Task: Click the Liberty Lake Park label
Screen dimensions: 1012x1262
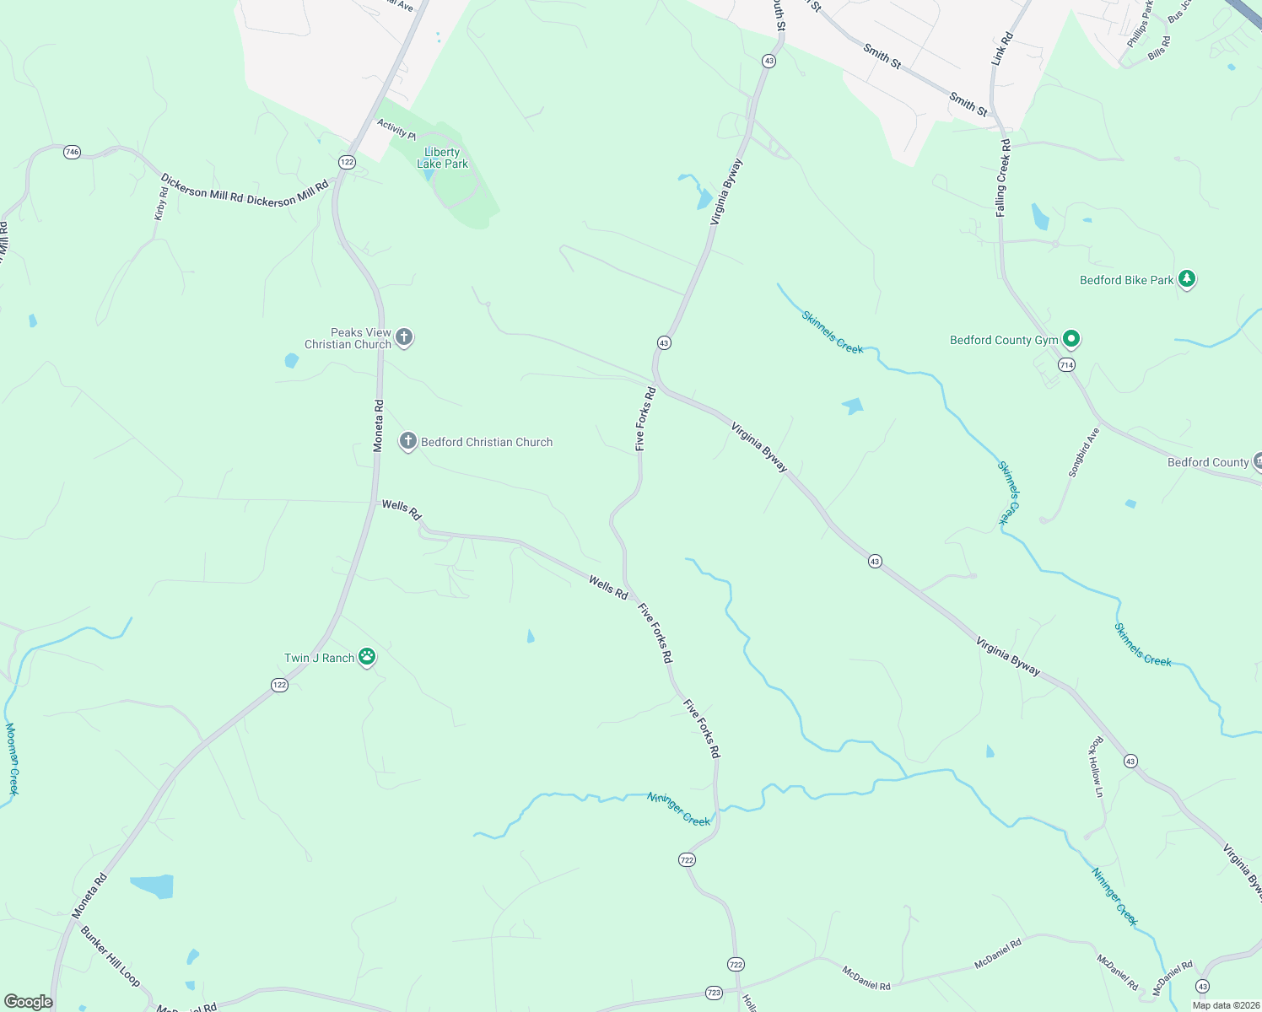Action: pos(442,158)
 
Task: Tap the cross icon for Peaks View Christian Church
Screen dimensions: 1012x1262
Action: pos(404,338)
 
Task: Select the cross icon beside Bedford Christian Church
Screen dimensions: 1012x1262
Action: pos(408,441)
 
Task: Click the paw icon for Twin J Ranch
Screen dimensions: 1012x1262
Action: pos(366,657)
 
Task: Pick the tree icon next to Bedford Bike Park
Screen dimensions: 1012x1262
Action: pos(1187,279)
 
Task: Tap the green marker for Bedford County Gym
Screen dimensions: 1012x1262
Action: pos(1071,339)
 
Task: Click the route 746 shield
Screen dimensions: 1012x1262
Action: pos(72,153)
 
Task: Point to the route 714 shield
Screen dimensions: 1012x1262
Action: pos(1066,365)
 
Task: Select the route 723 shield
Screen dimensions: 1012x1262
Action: pos(714,993)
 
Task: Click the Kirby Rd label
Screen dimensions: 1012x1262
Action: pos(160,204)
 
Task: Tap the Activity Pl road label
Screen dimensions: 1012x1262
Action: pos(396,129)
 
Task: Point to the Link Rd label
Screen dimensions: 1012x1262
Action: pos(1002,50)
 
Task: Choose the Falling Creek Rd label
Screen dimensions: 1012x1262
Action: pos(1002,178)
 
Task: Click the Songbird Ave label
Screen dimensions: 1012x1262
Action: pos(1084,453)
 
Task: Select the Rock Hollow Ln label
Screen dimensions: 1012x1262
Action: pos(1097,767)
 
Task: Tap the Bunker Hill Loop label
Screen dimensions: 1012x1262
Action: pos(110,956)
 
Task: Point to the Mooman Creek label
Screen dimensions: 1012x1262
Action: pos(12,758)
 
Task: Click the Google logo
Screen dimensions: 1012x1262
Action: pos(28,1002)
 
